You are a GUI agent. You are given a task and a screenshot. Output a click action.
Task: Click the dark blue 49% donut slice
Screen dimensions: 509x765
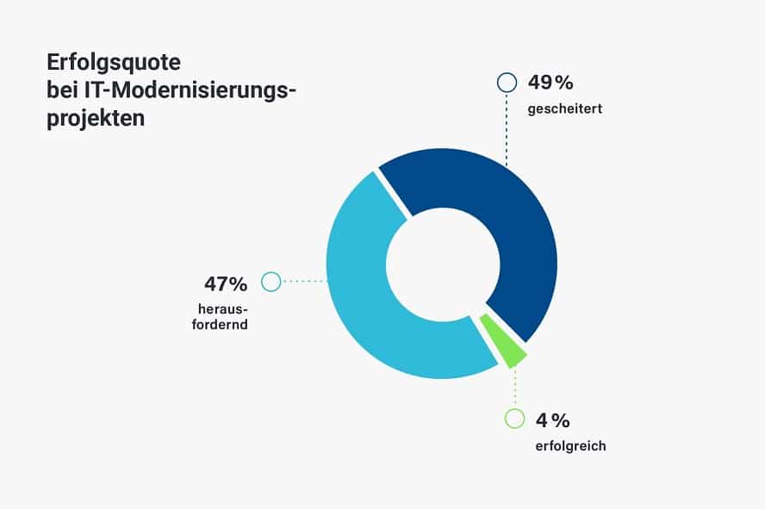click(x=517, y=233)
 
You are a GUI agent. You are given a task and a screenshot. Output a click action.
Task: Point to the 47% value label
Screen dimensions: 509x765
click(x=226, y=283)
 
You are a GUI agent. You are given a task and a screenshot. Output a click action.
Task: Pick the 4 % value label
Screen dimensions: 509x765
click(x=553, y=420)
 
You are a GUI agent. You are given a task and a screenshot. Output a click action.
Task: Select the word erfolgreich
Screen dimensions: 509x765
click(x=569, y=446)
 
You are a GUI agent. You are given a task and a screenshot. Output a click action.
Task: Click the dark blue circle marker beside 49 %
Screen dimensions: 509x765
click(x=507, y=83)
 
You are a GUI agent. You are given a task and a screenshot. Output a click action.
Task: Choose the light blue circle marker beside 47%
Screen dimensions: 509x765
click(x=271, y=282)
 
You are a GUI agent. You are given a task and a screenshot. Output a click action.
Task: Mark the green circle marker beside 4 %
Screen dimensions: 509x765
click(x=514, y=419)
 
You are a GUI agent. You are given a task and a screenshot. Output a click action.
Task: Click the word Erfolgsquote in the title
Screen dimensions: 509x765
click(x=115, y=64)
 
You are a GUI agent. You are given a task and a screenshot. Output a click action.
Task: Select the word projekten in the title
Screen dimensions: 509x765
click(x=96, y=117)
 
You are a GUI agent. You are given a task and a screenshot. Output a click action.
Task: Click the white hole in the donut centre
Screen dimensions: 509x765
click(x=442, y=264)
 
